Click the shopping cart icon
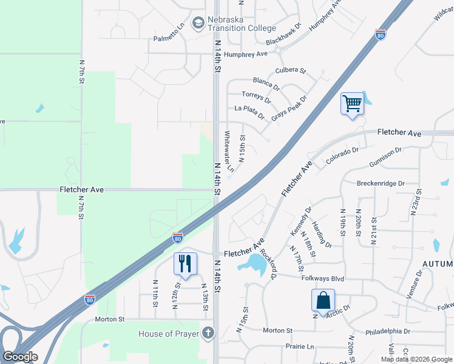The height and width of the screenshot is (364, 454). coord(351,103)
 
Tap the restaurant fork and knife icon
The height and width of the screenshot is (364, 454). coord(185,263)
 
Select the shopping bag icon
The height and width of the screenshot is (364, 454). coord(323,300)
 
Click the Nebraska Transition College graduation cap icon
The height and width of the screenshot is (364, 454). coord(198,24)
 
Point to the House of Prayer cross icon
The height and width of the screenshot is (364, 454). coord(208,332)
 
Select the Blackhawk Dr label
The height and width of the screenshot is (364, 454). coord(283,35)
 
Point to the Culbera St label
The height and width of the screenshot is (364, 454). coord(291,70)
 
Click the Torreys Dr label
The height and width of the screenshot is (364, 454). coord(256,96)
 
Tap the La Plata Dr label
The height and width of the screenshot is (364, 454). coord(249,111)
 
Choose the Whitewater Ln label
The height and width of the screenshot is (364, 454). coord(229,152)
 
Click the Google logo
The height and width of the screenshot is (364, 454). coord(21,357)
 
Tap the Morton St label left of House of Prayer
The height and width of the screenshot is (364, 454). coord(109,318)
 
